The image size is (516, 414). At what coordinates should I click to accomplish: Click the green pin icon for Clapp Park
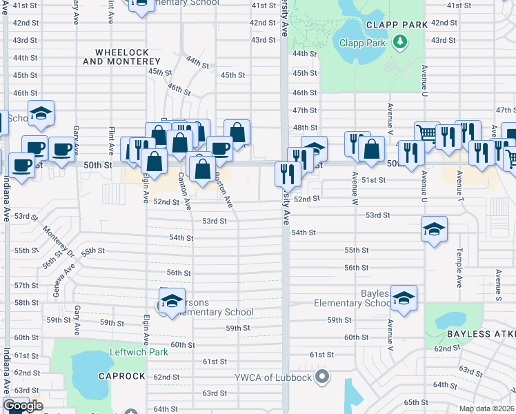[x=399, y=43]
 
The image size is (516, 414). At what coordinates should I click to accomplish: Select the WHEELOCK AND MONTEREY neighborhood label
[x=127, y=57]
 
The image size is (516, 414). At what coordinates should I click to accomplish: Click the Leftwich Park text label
[x=139, y=352]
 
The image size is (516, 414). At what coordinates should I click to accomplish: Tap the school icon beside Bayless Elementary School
[x=404, y=297]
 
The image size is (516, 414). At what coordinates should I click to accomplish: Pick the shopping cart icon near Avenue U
[x=427, y=132]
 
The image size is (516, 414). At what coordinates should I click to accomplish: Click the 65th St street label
[x=416, y=402]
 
